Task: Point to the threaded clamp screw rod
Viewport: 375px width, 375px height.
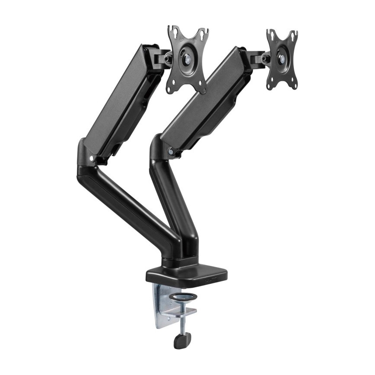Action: point(183,322)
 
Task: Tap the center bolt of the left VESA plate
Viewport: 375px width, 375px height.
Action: point(188,58)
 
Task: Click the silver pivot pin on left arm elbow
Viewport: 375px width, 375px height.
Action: point(91,159)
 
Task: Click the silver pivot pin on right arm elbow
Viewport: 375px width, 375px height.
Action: point(172,151)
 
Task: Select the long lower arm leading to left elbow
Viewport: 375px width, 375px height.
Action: point(130,203)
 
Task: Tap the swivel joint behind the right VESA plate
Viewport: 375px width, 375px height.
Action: point(261,58)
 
